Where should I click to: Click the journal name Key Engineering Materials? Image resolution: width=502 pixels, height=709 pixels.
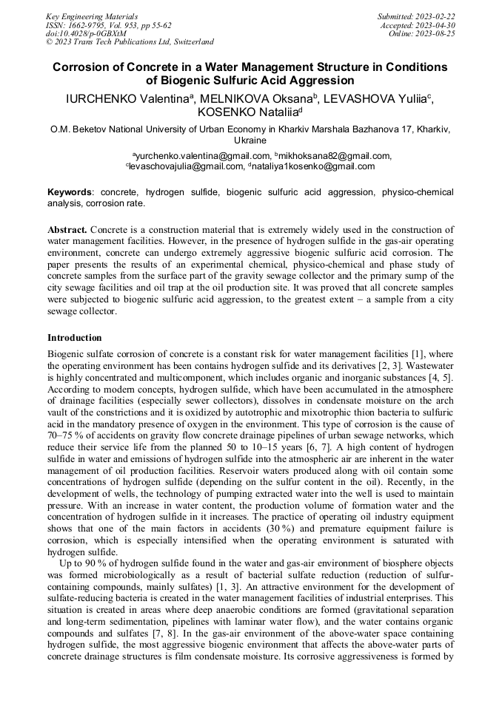91,16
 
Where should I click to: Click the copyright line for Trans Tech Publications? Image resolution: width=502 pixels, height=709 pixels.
130,42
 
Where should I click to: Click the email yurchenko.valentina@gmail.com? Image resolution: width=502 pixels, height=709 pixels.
201,156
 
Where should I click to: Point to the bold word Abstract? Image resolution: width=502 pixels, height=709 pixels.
67,230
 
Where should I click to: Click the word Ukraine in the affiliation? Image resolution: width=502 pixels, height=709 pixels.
250,140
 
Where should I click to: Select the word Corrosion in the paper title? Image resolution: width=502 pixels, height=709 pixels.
84,67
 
